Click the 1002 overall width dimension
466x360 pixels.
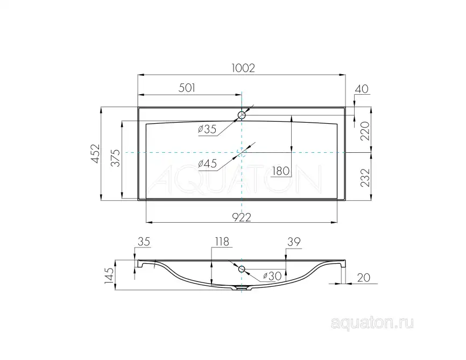(x=243, y=68)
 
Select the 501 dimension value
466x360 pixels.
(x=187, y=88)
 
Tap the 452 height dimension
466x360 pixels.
(x=95, y=153)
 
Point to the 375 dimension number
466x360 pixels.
(x=116, y=158)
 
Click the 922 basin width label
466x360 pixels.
(x=241, y=217)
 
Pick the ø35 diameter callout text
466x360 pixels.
(x=207, y=129)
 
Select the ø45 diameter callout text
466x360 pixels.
(x=207, y=164)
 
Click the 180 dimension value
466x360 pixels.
(x=280, y=171)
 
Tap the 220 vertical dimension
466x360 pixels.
(x=365, y=131)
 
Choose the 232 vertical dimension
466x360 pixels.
(x=365, y=178)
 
